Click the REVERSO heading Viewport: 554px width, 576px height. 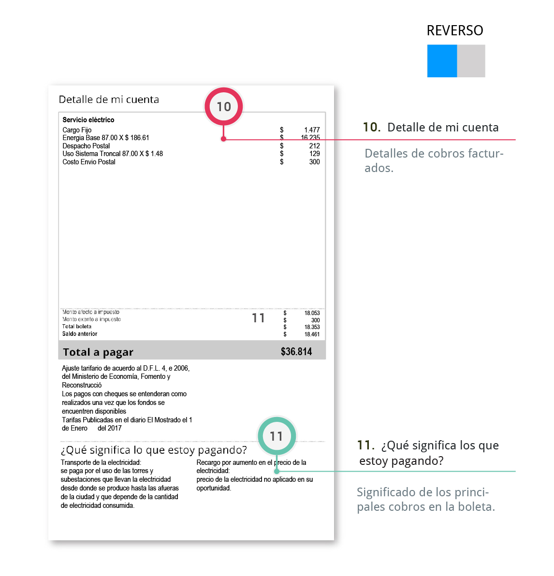point(454,30)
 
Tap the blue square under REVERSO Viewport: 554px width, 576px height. point(442,61)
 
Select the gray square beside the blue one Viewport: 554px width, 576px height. point(471,61)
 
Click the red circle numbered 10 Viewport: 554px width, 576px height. point(223,106)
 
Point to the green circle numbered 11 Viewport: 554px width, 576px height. point(277,436)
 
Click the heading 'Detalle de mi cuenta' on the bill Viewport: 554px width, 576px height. point(109,100)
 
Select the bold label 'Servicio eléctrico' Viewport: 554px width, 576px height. point(88,120)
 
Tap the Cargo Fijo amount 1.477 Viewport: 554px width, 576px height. point(312,130)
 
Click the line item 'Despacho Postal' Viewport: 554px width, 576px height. point(86,146)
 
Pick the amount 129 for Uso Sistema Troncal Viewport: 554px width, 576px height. point(314,154)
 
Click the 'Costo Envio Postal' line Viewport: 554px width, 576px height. point(89,162)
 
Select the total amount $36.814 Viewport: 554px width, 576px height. point(296,351)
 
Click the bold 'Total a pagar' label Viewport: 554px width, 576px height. point(98,352)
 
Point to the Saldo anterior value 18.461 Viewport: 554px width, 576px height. point(312,334)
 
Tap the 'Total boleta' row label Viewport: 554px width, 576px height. point(77,327)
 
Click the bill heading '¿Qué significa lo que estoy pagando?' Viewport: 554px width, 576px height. point(154,450)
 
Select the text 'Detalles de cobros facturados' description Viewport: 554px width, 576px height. point(434,160)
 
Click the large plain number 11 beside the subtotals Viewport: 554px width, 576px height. point(258,318)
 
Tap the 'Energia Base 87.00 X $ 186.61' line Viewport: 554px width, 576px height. point(106,138)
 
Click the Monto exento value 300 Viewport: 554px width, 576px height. point(315,320)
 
